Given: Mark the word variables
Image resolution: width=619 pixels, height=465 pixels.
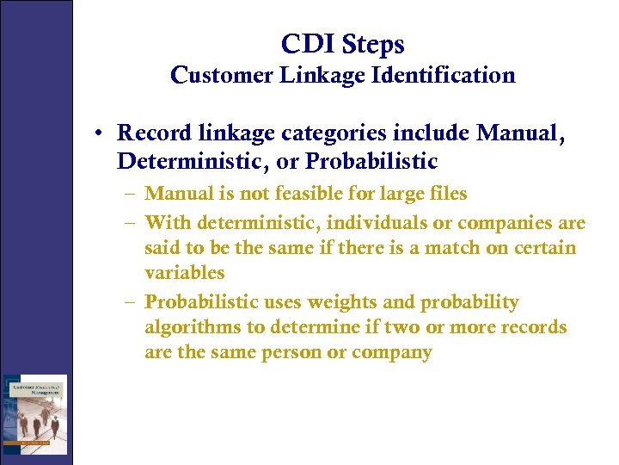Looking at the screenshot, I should tap(184, 273).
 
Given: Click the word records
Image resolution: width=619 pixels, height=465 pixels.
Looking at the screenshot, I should tap(535, 327).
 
